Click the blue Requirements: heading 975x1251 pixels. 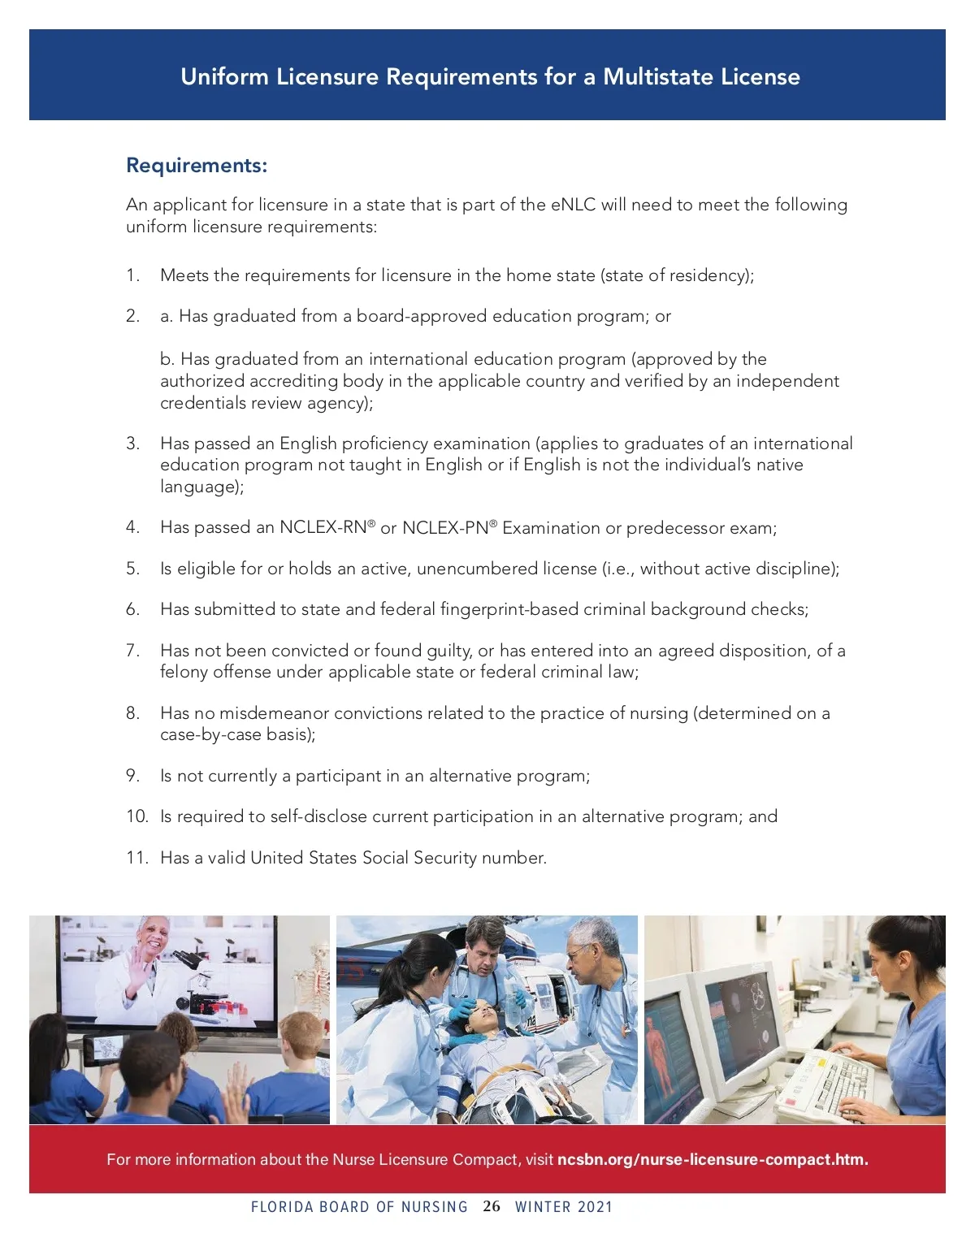pyautogui.click(x=197, y=166)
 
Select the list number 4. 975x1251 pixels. pyautogui.click(x=132, y=527)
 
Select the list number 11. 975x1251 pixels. pyautogui.click(x=136, y=858)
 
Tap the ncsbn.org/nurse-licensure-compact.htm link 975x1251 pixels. pyautogui.click(x=713, y=1159)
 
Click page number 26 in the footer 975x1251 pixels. pyautogui.click(x=492, y=1206)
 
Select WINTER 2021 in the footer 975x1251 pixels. pyautogui.click(x=564, y=1207)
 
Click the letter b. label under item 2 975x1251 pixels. pyautogui.click(x=167, y=359)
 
